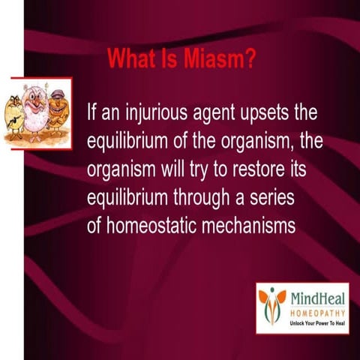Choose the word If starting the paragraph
click(x=93, y=115)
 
